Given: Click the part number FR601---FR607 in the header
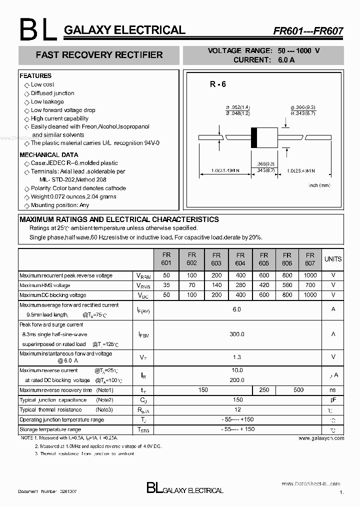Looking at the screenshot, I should (307, 30).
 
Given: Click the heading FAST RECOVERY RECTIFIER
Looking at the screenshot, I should (99, 55).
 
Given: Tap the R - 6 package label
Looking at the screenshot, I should (218, 84).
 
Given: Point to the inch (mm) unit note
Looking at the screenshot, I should (319, 185).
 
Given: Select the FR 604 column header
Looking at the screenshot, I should (240, 259).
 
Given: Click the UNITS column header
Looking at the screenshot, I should (333, 259).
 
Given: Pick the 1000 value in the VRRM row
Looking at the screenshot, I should (310, 275).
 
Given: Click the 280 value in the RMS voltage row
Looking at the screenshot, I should (240, 285).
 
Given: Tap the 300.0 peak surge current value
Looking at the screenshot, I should (237, 334).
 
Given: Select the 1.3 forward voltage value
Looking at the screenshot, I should (237, 357).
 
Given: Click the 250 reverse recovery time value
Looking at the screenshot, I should (264, 390).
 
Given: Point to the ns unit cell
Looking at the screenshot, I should (333, 390).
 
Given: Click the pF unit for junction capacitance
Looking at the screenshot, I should (333, 400).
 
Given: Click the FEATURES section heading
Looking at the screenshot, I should (35, 76).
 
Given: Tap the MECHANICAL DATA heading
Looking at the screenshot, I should (49, 155).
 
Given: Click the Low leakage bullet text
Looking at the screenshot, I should (47, 101).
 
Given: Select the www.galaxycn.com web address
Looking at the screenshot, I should (321, 438).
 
